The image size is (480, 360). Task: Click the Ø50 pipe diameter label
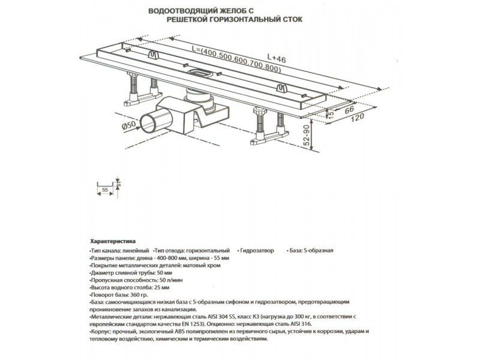pos(130,126)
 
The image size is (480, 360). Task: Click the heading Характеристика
pos(113,239)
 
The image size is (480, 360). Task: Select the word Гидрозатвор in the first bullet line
pos(257,250)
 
